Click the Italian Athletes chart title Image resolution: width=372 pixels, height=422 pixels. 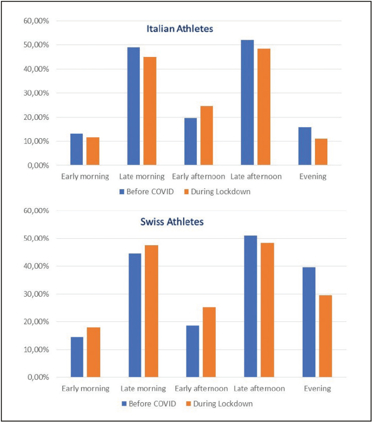180,29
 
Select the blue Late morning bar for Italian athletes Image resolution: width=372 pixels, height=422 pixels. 133,106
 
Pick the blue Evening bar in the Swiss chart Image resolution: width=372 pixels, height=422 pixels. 309,322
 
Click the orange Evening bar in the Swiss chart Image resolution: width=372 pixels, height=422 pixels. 325,336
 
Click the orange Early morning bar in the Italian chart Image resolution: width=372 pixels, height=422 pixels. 93,151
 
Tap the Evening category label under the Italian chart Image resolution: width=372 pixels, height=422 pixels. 312,176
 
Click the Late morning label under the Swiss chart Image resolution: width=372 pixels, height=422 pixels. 143,388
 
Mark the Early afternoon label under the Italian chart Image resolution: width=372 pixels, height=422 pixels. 198,176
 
